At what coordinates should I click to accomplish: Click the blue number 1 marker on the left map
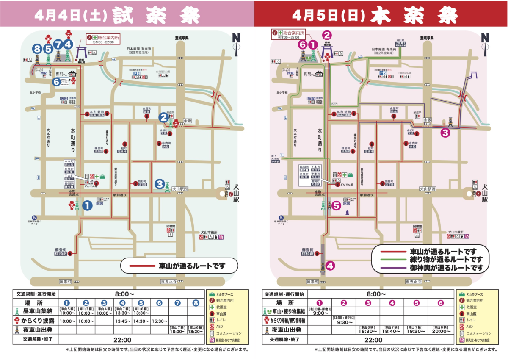coord(87,206)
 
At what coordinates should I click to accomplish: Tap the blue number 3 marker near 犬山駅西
coord(160,184)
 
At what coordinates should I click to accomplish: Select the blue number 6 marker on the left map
coord(57,82)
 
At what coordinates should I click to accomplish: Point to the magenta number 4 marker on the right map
coord(331,266)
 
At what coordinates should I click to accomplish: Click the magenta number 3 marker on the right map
coord(445,133)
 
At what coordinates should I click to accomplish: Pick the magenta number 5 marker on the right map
coord(336,206)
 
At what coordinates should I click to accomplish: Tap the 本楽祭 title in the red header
coord(414,16)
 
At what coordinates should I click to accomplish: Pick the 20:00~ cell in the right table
coord(441,332)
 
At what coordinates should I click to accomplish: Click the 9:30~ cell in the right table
coord(343,321)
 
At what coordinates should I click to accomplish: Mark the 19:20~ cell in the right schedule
coord(417,332)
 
